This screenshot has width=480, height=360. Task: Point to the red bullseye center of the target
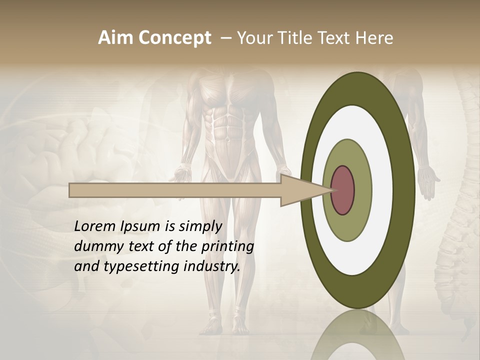342,190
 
